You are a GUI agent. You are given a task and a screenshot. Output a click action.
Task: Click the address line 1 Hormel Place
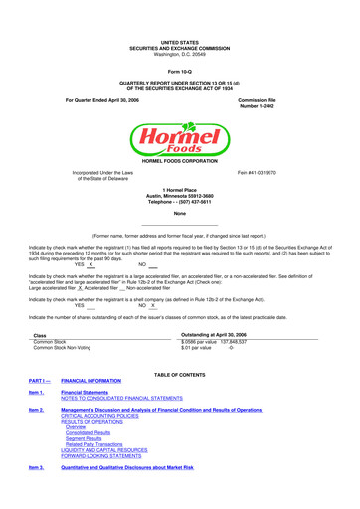pos(180,189)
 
